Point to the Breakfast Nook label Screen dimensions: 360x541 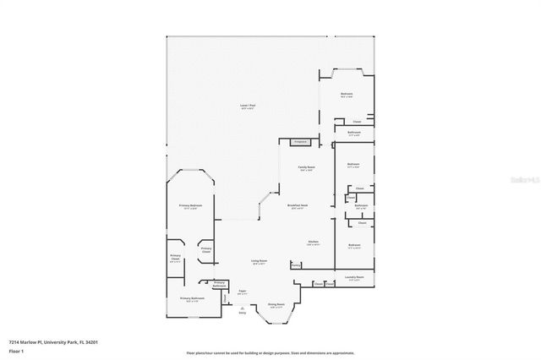(297, 206)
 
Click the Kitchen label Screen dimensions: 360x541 (312, 243)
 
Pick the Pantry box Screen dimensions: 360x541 (296, 265)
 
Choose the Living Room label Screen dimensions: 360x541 (259, 263)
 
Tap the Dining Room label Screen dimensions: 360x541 (276, 305)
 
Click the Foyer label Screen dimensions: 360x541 (242, 292)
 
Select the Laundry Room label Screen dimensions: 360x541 (354, 277)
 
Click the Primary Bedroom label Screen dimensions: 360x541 (190, 206)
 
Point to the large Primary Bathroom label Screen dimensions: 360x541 (192, 299)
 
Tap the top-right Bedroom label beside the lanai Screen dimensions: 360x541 (347, 95)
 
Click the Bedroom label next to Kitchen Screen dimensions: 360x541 (354, 245)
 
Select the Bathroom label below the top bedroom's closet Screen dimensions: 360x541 (354, 133)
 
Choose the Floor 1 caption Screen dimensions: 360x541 (16, 350)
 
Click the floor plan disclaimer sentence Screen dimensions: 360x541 (270, 352)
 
